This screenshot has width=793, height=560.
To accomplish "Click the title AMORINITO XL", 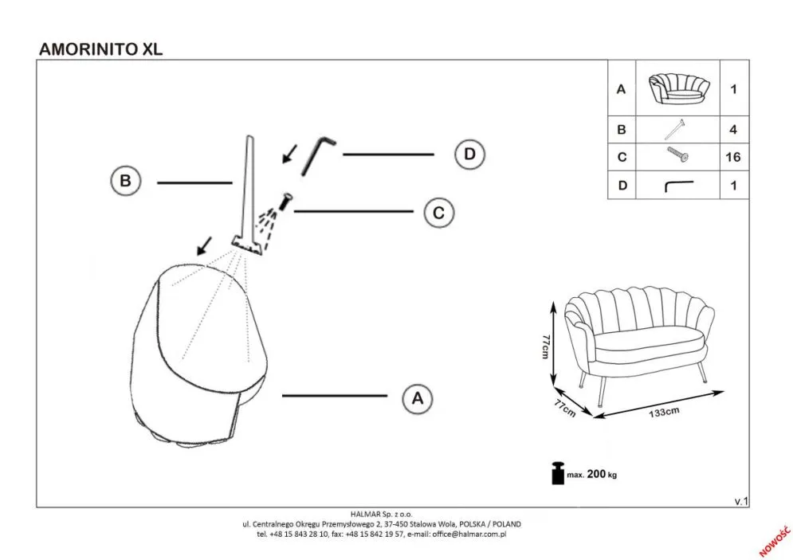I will click(100, 48).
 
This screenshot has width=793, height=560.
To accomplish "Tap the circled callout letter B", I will click(125, 181).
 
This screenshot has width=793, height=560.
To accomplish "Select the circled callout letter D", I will click(469, 154).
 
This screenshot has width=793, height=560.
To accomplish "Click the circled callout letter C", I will click(438, 213).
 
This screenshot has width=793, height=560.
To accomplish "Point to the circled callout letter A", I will click(415, 397).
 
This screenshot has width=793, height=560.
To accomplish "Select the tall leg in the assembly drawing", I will click(247, 191).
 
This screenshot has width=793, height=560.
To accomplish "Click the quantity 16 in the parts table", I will click(732, 157).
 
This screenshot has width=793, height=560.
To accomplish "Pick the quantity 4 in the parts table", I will click(732, 129).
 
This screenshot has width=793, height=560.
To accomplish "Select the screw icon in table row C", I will click(677, 156).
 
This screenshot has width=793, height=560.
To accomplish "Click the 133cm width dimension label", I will click(663, 412).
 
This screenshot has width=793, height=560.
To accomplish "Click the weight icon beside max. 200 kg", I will click(556, 472).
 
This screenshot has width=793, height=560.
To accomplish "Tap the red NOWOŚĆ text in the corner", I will click(772, 540).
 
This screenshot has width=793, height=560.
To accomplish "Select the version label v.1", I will click(741, 500).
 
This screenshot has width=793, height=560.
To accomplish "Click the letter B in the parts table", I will click(622, 129).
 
